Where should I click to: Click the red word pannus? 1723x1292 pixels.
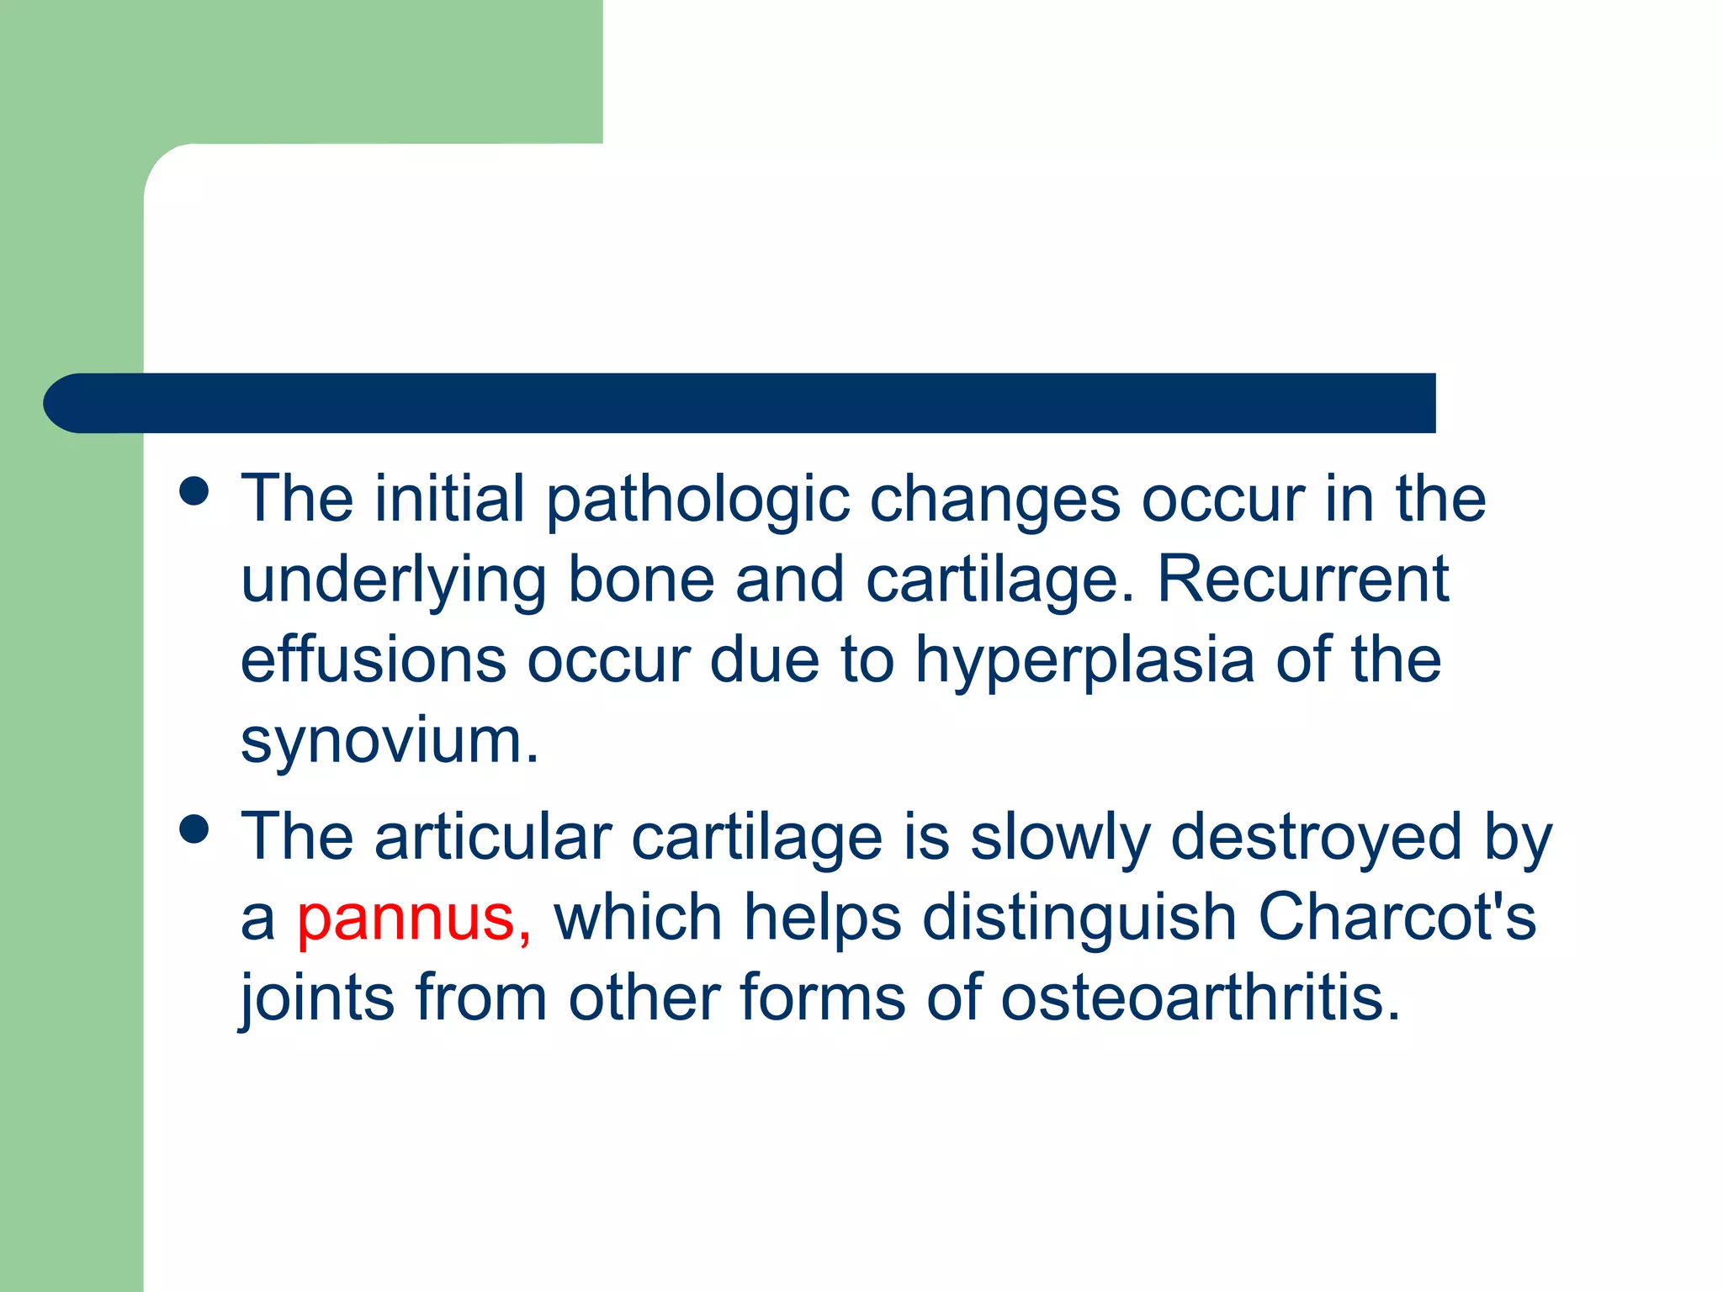[x=406, y=918]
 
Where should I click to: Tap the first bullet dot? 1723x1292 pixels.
[x=194, y=491]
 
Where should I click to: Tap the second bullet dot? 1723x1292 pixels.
[x=194, y=829]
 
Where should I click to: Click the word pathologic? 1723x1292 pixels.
[x=697, y=501]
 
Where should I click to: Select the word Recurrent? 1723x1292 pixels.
[x=1302, y=580]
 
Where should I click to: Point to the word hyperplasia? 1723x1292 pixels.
[x=1085, y=661]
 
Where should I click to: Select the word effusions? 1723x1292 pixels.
[x=374, y=660]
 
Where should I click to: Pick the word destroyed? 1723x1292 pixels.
[x=1316, y=839]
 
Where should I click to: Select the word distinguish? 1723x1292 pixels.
[x=1079, y=919]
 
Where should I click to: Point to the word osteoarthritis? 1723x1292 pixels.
[x=1200, y=998]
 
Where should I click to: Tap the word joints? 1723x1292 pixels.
[x=317, y=999]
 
